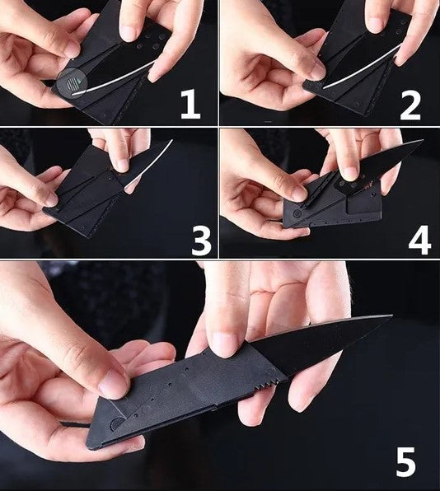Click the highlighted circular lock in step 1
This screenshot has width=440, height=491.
[72, 83]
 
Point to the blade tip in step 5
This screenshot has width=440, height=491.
[391, 316]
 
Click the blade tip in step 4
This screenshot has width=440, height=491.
[423, 140]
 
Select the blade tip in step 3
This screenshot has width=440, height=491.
[172, 140]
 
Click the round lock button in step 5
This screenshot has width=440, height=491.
[117, 423]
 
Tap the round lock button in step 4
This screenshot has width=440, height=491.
[297, 214]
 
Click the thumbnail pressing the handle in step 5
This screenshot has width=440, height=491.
[112, 385]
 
